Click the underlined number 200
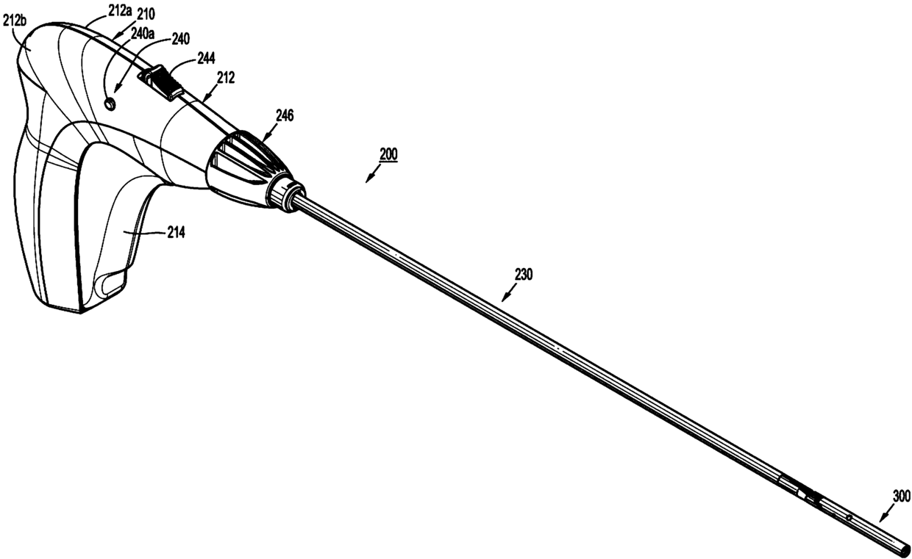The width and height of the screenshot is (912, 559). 388,155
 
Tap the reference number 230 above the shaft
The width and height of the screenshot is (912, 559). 524,275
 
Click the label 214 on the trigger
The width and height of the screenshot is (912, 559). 175,232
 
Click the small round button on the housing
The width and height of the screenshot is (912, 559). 111,104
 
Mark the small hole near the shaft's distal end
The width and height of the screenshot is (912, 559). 848,519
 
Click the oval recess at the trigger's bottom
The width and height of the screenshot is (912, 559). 111,284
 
